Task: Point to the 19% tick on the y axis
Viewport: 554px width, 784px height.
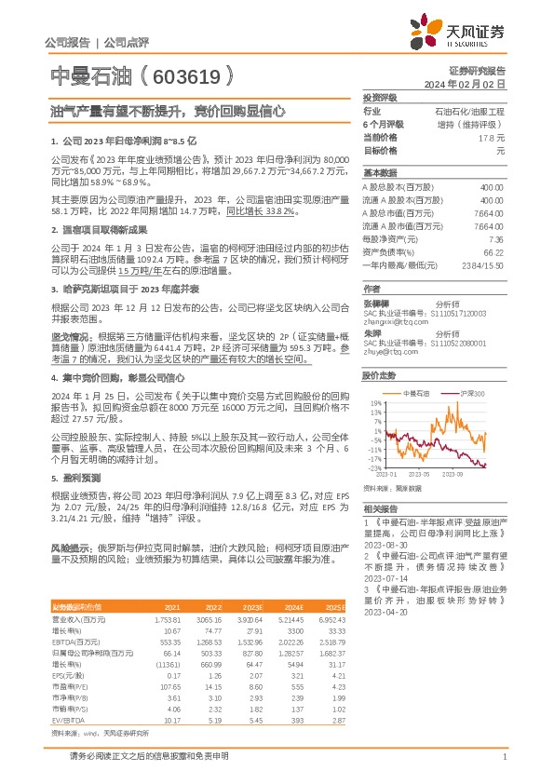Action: (x=374, y=402)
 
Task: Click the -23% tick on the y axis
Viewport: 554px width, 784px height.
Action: (x=373, y=468)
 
